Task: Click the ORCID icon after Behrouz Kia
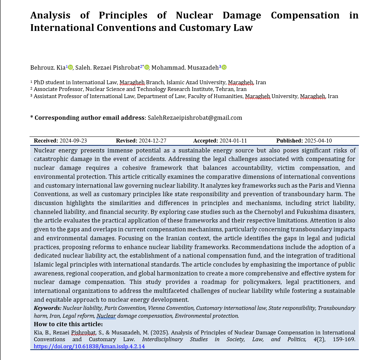coord(70,67)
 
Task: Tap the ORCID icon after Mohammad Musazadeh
coord(224,67)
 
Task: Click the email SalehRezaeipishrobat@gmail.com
coord(195,118)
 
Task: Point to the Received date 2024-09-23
coord(74,141)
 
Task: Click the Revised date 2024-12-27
coord(153,141)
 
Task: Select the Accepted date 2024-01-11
coord(233,141)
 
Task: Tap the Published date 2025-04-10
coord(318,141)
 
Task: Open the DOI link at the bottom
coord(89,346)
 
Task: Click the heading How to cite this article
coord(68,324)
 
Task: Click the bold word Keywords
coord(47,308)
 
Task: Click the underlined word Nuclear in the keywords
coord(106,316)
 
